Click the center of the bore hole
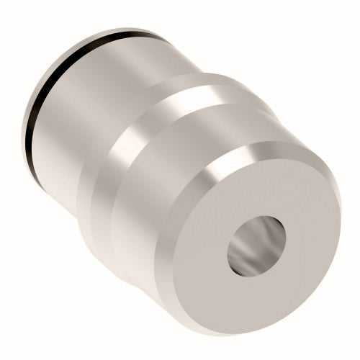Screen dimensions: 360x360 click(x=256, y=248)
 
